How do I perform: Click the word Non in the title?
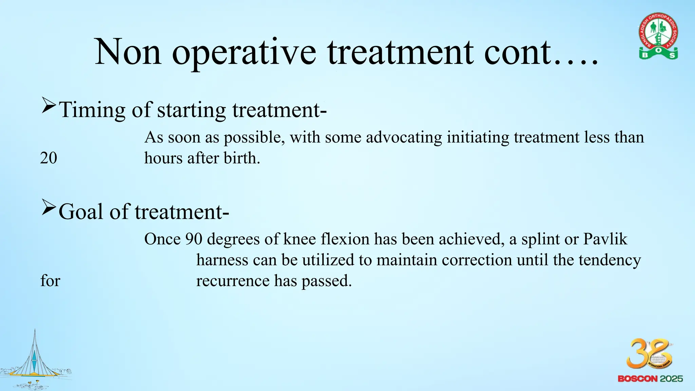coord(128,53)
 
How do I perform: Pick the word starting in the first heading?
coord(191,111)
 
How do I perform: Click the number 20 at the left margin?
coord(49,158)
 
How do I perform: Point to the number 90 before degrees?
coord(194,239)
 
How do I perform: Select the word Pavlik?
coord(605,239)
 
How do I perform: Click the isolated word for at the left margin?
coord(50,281)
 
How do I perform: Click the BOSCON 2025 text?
coord(650,379)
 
